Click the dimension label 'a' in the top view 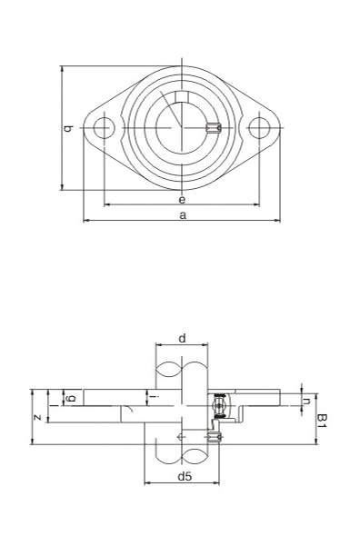click(182, 214)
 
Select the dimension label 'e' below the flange click(182, 199)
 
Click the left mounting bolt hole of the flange click(105, 128)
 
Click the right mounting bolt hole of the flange click(260, 128)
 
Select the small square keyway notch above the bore click(183, 98)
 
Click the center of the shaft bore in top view click(182, 128)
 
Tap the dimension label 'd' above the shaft click(182, 338)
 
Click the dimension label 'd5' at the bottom click(184, 475)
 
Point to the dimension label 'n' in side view click(306, 400)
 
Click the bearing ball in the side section click(218, 399)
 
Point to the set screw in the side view click(215, 438)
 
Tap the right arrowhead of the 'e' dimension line click(257, 205)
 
